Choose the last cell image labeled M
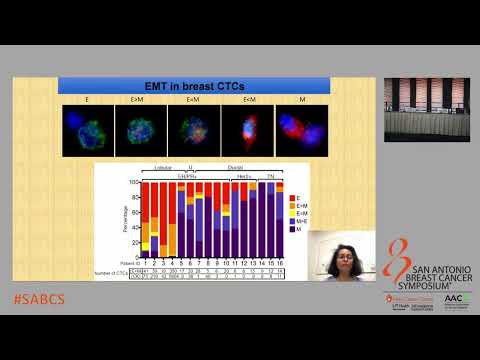click(x=301, y=132)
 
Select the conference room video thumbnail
click(x=431, y=108)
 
